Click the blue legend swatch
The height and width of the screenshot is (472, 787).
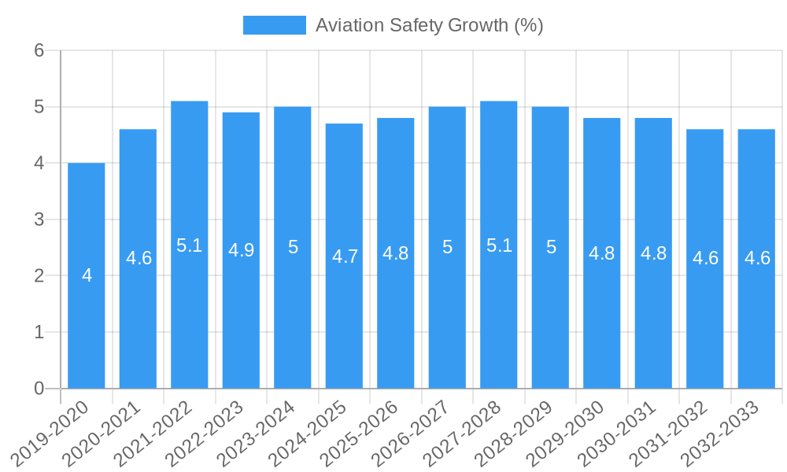point(274,25)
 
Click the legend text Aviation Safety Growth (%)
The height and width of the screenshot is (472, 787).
point(429,25)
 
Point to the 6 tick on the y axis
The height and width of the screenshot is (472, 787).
point(39,50)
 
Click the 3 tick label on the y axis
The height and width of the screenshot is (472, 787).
point(39,219)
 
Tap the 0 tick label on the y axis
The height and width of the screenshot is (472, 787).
point(39,389)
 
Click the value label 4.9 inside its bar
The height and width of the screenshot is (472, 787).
point(241,250)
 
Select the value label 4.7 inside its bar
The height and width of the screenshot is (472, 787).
point(344,256)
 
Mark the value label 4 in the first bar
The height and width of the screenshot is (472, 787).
point(87,275)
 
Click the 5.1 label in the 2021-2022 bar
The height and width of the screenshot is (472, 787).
point(190,245)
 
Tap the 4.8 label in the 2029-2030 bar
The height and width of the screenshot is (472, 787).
point(602,253)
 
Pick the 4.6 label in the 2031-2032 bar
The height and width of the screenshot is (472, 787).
point(705,258)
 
